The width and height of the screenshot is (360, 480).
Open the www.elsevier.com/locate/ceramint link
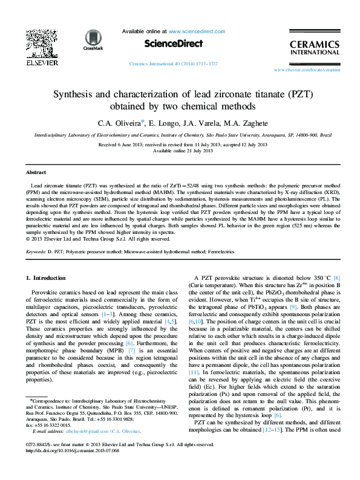click(307, 70)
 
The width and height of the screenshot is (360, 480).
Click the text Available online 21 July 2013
click(180, 151)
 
